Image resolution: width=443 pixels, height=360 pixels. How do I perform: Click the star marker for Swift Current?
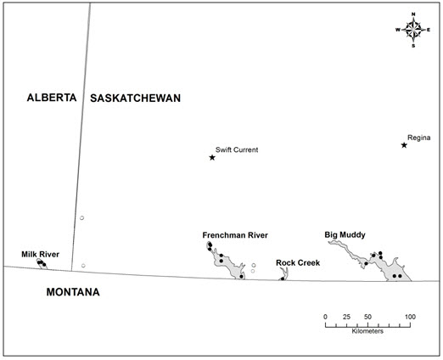(x=212, y=157)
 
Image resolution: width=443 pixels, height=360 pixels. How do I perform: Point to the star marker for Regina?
(x=405, y=145)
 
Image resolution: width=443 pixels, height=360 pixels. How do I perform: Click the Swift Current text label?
(x=237, y=149)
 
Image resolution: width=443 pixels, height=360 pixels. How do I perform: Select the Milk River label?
(x=41, y=254)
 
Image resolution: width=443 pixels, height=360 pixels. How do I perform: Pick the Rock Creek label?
(x=297, y=262)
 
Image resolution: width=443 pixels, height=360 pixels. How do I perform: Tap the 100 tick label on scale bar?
(x=409, y=317)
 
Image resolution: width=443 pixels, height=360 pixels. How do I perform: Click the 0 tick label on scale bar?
(x=326, y=317)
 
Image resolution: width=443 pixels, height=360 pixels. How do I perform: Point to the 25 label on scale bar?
(x=346, y=317)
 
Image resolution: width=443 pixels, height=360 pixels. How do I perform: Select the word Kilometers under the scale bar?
(x=367, y=332)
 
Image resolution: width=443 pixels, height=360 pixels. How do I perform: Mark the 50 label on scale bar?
(x=367, y=317)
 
